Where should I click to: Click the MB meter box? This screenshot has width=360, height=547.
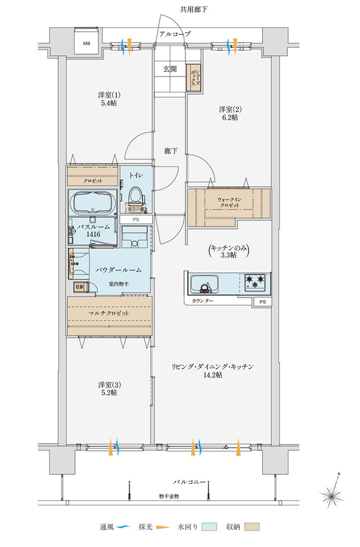click(x=86, y=42)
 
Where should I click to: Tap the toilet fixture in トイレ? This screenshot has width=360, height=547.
click(x=135, y=196)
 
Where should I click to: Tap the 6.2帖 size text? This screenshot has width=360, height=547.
click(x=230, y=117)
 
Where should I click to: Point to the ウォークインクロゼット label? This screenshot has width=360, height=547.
click(x=228, y=202)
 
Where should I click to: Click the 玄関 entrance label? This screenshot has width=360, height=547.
click(x=169, y=69)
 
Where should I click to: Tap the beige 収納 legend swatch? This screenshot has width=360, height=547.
click(x=252, y=527)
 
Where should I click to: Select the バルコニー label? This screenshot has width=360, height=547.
click(x=189, y=481)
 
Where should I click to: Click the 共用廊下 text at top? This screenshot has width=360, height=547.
click(x=189, y=9)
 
